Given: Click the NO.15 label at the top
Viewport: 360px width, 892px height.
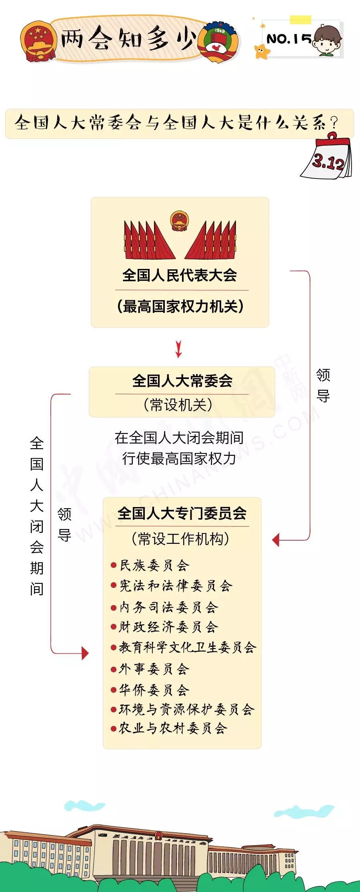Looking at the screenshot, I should click(288, 39).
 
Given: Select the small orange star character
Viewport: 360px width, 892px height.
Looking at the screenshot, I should click(262, 52).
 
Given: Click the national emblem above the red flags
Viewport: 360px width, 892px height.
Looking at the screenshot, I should click(180, 221).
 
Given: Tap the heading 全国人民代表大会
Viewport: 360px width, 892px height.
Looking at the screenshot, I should click(180, 275).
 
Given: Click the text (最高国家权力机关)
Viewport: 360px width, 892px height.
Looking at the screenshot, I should click(180, 307).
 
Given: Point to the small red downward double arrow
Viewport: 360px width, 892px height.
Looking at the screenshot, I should click(179, 349).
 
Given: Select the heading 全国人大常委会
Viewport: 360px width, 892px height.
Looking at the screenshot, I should click(182, 381).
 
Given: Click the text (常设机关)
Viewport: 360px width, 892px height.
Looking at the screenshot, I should click(178, 405).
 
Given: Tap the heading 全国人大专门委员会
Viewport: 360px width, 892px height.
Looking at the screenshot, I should click(182, 513).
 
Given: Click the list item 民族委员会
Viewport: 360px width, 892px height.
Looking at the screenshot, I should click(154, 565).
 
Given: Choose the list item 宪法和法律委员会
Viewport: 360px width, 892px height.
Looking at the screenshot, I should click(176, 586).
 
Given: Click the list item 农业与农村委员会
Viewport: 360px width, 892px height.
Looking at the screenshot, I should click(173, 728).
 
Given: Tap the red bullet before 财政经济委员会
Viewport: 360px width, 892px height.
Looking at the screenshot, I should click(114, 627).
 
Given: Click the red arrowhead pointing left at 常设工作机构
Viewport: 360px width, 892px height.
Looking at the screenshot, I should click(276, 540).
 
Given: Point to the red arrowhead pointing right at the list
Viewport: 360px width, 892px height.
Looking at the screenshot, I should click(85, 653).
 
